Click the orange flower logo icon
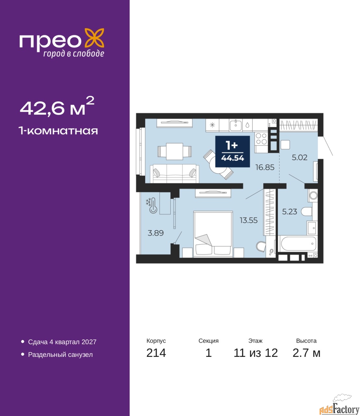tap(94, 38)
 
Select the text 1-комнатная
tap(58, 131)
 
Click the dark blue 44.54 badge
tap(232, 151)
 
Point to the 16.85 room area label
tap(265, 167)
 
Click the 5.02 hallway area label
tap(300, 157)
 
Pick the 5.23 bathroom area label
tap(290, 212)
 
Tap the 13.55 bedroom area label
tap(249, 220)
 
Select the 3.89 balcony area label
tap(155, 233)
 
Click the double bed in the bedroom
tap(213, 234)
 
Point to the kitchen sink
tap(236, 125)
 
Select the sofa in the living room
tap(174, 174)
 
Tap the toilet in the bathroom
tap(307, 212)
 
